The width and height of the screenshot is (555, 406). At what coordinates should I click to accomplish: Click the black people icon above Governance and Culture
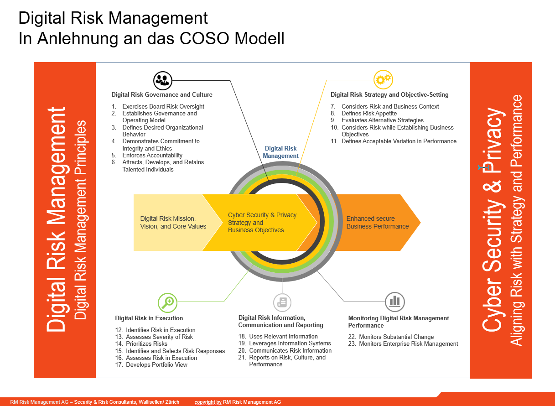[x=162, y=80]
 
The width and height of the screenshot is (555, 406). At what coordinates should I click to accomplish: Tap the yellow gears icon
[x=383, y=79]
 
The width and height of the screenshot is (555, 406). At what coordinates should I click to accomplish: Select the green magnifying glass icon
[x=167, y=302]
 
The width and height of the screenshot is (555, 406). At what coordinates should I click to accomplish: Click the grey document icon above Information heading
[x=282, y=302]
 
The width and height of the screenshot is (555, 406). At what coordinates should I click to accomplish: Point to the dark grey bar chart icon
[x=394, y=302]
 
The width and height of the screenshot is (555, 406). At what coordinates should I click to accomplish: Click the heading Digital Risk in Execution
[x=149, y=318]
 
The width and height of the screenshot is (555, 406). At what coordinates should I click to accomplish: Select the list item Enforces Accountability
[x=152, y=155]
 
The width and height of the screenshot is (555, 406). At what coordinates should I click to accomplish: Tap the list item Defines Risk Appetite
[x=369, y=113]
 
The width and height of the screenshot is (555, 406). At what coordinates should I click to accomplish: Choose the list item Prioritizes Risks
[x=146, y=344]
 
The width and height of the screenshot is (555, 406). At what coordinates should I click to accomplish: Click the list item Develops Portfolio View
[x=156, y=364]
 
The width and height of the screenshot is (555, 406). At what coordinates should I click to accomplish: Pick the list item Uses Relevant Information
[x=283, y=336]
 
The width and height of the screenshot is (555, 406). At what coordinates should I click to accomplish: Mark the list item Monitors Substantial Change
[x=396, y=337]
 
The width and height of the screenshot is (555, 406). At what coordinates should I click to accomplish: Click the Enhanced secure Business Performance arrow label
[x=377, y=222]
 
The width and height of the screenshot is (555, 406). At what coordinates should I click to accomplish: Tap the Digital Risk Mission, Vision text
[x=173, y=222]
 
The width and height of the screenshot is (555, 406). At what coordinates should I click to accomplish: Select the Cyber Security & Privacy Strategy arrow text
[x=262, y=222]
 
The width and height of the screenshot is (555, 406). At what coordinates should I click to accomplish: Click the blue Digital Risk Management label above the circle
[x=280, y=152]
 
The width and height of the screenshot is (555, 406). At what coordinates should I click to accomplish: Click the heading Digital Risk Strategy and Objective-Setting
[x=389, y=94]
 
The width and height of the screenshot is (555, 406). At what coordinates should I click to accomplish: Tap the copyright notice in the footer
[x=237, y=402]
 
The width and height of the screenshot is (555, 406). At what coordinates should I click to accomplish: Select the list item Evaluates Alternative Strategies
[x=382, y=120]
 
